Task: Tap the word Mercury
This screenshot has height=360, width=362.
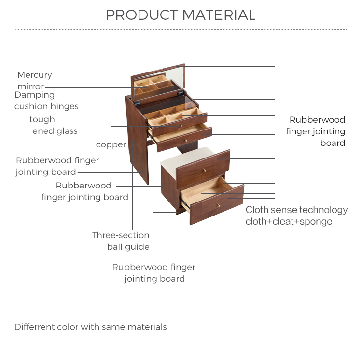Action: pos(34,75)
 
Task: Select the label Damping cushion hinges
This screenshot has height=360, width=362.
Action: pos(46,101)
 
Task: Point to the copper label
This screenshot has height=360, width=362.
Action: pos(111,144)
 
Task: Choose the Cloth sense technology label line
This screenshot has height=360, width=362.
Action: pos(296,210)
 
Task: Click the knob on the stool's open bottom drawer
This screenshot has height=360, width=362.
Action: pos(218,205)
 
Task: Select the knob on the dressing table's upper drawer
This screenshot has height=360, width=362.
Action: pos(181,126)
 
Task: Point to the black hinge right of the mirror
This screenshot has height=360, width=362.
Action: pos(181,93)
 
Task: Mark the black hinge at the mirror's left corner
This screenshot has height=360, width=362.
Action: pos(137,102)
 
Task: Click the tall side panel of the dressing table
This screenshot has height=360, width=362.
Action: pos(138,140)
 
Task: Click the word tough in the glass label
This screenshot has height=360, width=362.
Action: pos(42,119)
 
